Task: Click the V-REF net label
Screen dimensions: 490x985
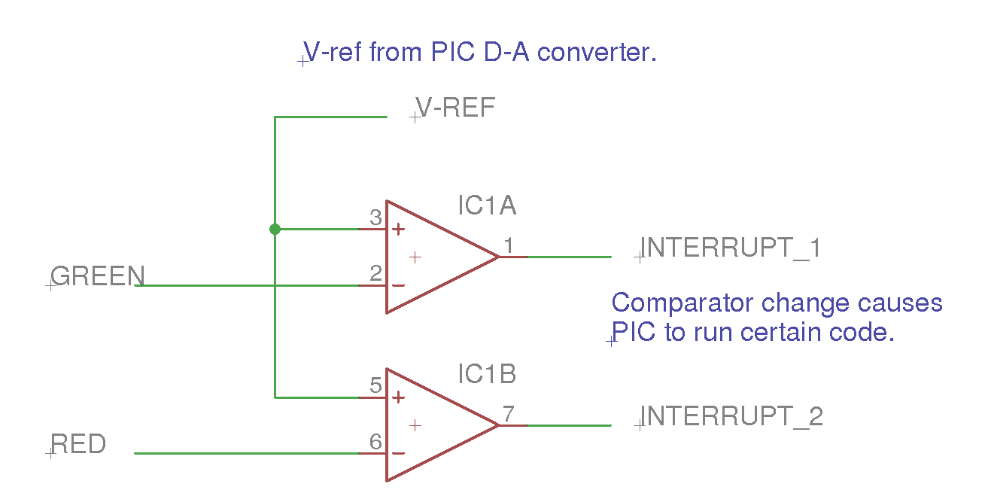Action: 456,108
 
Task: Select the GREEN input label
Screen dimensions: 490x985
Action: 98,276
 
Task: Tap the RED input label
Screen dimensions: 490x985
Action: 78,444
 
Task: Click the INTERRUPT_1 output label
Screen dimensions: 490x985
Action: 730,248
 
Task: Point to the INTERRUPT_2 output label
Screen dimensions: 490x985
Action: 731,416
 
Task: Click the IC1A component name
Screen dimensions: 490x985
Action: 488,205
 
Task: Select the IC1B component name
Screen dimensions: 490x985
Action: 488,374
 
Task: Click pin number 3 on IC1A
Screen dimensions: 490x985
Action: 375,218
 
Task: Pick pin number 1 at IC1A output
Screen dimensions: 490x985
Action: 509,245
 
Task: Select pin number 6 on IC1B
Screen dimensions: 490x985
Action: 375,443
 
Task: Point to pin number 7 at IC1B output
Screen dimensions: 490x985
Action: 509,414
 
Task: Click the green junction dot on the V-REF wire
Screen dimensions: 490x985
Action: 275,229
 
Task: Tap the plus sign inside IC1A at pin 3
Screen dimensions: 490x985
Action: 399,229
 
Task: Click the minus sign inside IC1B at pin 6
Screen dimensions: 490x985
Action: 399,454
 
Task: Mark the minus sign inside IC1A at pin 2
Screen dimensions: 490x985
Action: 399,285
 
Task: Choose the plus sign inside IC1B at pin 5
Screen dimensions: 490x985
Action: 399,397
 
